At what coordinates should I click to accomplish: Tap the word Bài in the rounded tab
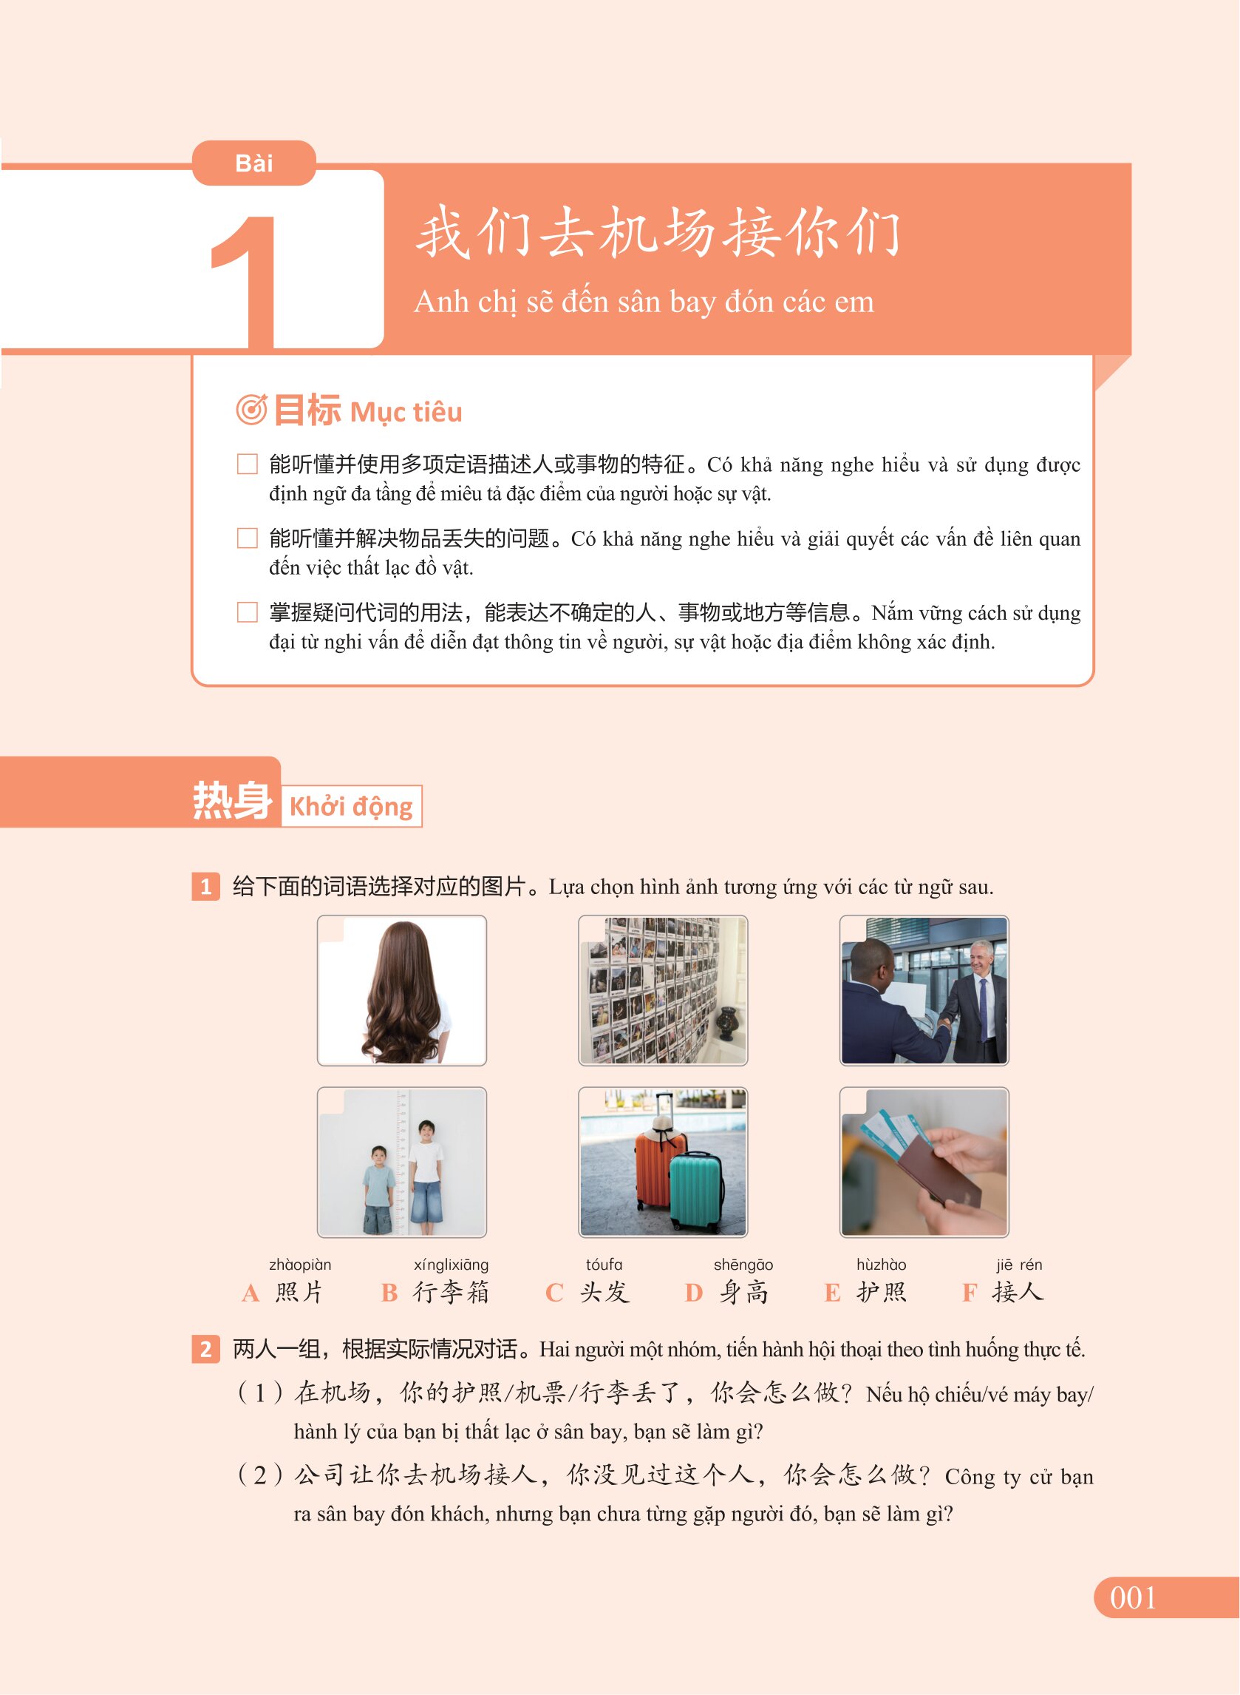click(253, 163)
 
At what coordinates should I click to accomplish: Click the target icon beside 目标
click(251, 410)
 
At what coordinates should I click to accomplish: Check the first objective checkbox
click(247, 464)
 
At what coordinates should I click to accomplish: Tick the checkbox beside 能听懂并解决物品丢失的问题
click(247, 538)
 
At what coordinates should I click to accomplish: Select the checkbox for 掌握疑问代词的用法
click(247, 612)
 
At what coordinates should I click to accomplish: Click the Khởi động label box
click(351, 806)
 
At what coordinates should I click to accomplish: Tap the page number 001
click(1133, 1597)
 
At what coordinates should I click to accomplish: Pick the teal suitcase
click(696, 1190)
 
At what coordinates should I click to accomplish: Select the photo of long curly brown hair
click(401, 990)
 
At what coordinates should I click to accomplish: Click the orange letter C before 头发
click(554, 1293)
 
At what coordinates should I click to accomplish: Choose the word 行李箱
click(451, 1292)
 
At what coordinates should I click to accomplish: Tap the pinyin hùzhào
click(881, 1265)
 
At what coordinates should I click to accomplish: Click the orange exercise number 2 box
click(205, 1350)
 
